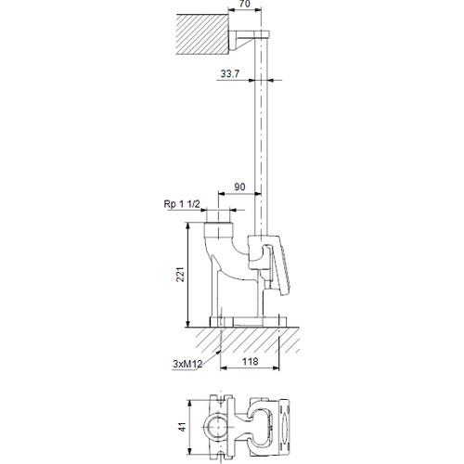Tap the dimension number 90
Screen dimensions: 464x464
[x=238, y=187]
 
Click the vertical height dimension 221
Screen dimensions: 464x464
[x=181, y=273]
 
